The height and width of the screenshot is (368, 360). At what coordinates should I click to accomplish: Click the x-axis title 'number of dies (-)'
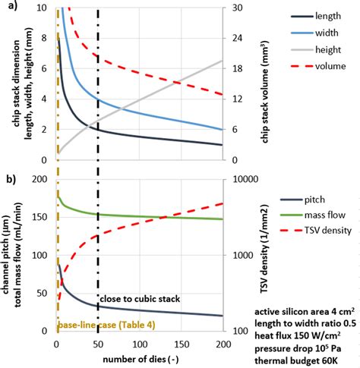[141, 356]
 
